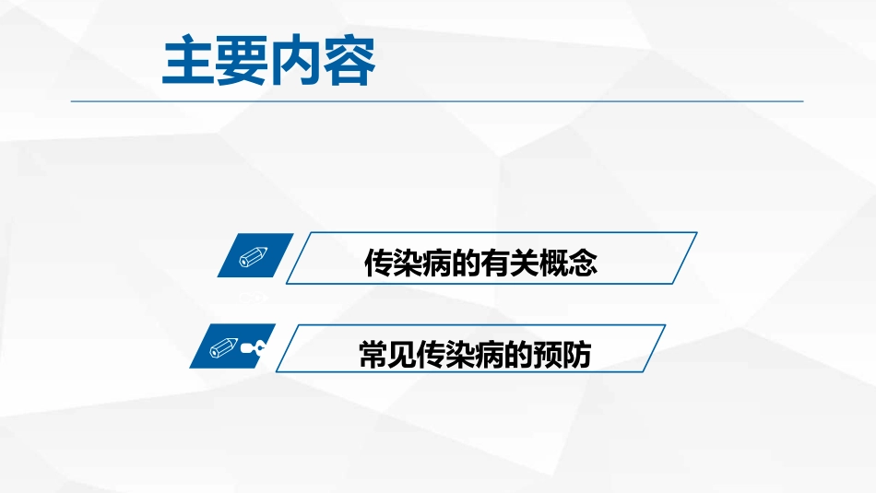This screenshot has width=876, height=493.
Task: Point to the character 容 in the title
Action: point(349,64)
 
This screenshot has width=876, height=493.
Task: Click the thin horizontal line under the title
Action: point(437,100)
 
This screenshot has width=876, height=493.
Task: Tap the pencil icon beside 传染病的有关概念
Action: point(254,256)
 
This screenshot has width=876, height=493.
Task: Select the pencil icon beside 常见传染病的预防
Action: point(225,347)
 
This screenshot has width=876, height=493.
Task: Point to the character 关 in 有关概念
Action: point(527,264)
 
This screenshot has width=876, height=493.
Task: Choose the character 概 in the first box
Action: point(556,264)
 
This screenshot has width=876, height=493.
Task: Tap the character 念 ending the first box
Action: point(585,264)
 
